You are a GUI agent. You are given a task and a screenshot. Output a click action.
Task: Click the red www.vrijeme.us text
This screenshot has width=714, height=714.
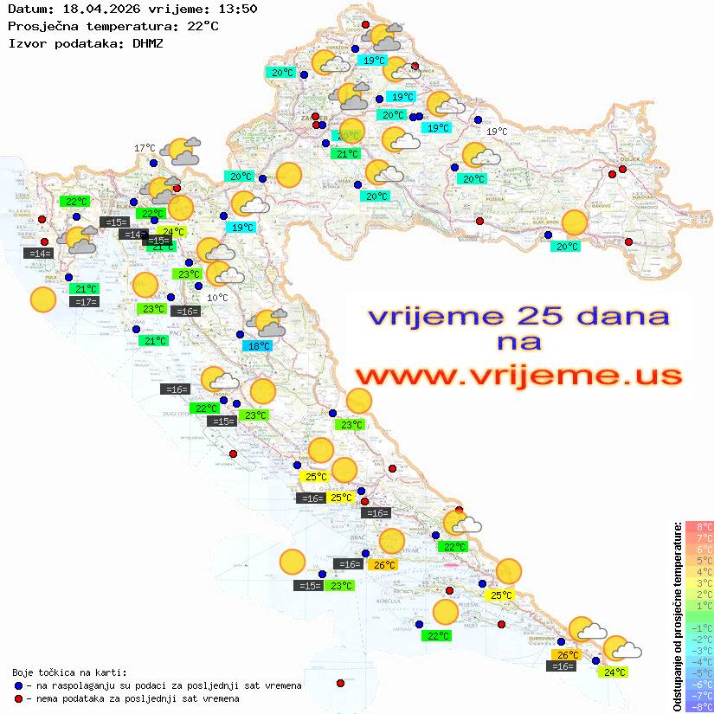pos(518,376)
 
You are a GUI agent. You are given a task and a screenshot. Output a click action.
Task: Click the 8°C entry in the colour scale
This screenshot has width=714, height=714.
pos(699,527)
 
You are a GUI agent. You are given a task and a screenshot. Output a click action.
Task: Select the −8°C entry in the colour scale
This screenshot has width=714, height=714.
pos(698,707)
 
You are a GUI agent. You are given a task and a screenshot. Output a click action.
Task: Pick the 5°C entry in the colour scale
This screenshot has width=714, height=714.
pos(699,561)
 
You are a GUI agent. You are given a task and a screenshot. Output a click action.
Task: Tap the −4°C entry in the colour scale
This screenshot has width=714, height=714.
pos(698,662)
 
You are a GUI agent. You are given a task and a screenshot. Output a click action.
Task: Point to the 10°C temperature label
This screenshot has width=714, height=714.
pos(218,298)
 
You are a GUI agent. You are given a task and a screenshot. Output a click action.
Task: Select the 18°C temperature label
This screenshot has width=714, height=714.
pos(258,346)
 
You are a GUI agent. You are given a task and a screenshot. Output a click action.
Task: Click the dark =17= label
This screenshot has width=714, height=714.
pos(85,302)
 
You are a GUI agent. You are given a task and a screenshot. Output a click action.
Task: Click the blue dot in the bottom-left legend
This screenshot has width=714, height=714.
pos(18,685)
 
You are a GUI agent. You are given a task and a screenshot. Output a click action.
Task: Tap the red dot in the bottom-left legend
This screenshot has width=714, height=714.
pos(18,698)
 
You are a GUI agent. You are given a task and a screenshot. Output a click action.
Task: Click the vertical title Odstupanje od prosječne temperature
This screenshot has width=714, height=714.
pos(678,615)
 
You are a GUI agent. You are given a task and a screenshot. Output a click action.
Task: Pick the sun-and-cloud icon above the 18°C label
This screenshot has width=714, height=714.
pos(266,324)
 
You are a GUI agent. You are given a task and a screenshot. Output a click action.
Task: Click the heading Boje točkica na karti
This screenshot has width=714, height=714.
pos(69,672)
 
